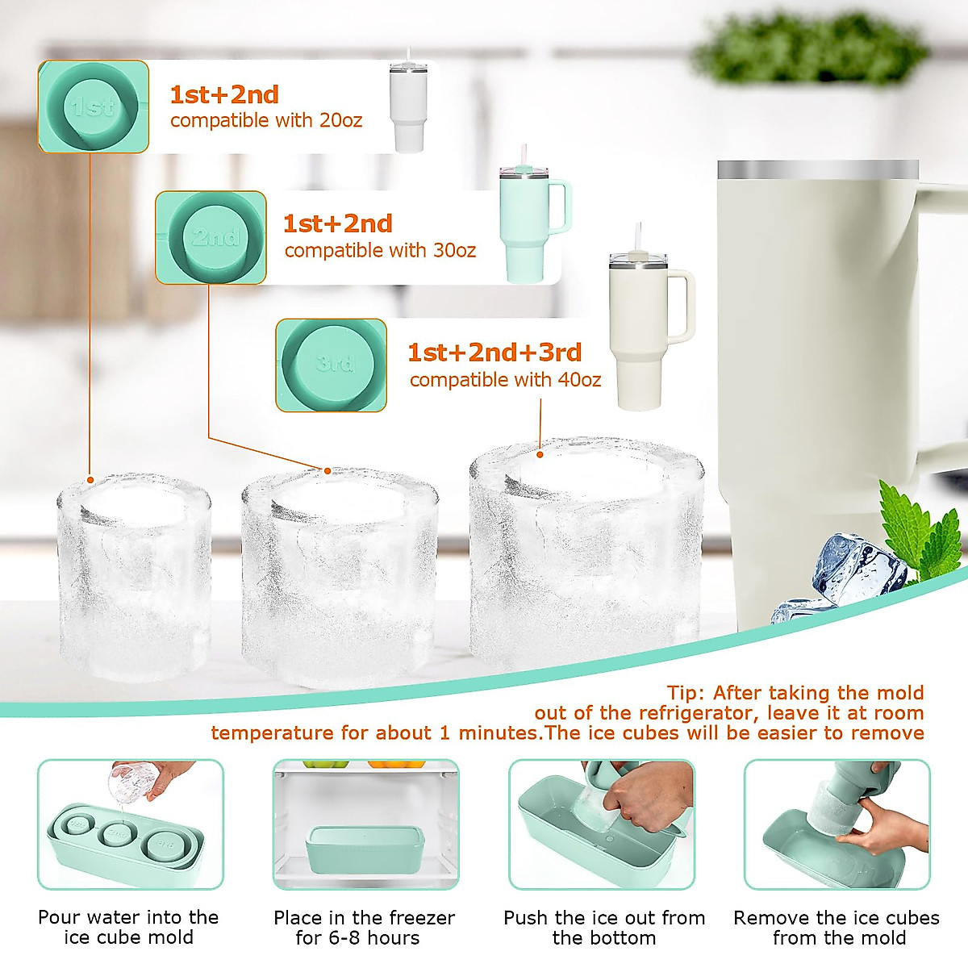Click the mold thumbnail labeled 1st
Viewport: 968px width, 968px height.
pos(94,107)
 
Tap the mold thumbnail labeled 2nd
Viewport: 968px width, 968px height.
pos(211,237)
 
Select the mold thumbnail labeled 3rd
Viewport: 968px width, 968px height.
pos(332,365)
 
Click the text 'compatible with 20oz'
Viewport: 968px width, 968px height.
pos(266,121)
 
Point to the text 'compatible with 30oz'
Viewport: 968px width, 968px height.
pos(380,251)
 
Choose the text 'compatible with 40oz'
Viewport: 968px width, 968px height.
pos(505,380)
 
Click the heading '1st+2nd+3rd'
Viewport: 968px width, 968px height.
pos(494,353)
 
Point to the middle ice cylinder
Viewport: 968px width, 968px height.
pos(340,577)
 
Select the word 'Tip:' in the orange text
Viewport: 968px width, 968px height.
pos(686,693)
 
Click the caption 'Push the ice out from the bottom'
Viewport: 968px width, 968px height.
pos(604,928)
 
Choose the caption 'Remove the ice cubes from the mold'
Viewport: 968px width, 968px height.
pos(837,928)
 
